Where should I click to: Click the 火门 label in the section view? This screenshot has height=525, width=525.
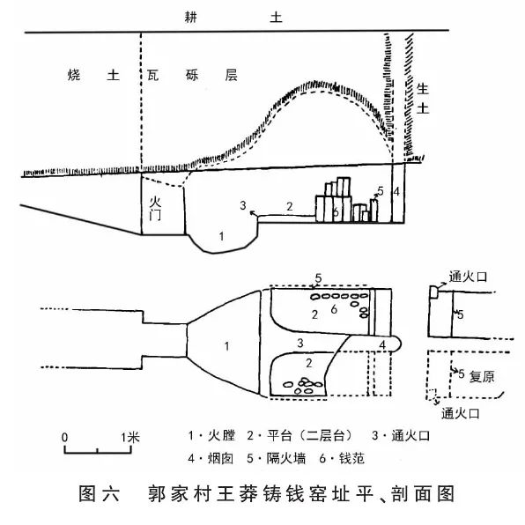pyautogui.click(x=155, y=208)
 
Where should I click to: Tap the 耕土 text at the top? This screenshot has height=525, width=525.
pyautogui.click(x=233, y=17)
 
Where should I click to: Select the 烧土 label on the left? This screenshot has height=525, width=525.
pyautogui.click(x=93, y=75)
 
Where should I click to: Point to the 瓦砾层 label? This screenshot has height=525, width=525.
pyautogui.click(x=193, y=75)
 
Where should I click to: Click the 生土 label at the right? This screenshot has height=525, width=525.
pyautogui.click(x=423, y=99)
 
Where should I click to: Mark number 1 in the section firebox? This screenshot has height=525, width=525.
pyautogui.click(x=221, y=236)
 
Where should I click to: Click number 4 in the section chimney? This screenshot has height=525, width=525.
pyautogui.click(x=396, y=192)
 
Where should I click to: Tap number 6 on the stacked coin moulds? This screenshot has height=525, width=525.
pyautogui.click(x=336, y=212)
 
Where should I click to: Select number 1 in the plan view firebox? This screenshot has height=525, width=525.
pyautogui.click(x=227, y=346)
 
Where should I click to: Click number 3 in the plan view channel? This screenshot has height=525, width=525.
pyautogui.click(x=300, y=343)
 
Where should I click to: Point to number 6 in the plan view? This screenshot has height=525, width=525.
pyautogui.click(x=334, y=309)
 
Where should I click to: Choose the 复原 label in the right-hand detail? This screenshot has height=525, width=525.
pyautogui.click(x=482, y=377)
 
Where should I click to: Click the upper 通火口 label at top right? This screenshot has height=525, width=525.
pyautogui.click(x=468, y=277)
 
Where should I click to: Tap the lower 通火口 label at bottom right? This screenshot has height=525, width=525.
pyautogui.click(x=461, y=414)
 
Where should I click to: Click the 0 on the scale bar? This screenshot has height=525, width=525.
pyautogui.click(x=64, y=437)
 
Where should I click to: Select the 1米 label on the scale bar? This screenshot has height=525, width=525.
pyautogui.click(x=130, y=437)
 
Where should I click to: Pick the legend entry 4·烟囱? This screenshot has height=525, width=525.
pyautogui.click(x=211, y=458)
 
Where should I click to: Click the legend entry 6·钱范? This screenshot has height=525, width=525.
pyautogui.click(x=342, y=458)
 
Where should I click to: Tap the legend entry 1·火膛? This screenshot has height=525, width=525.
pyautogui.click(x=211, y=435)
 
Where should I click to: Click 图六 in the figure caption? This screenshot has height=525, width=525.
pyautogui.click(x=100, y=494)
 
